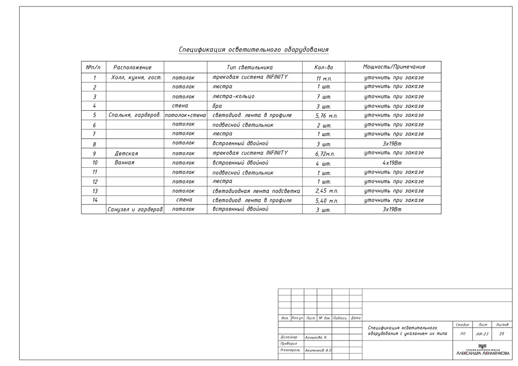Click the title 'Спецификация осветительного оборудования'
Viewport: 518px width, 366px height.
[253, 50]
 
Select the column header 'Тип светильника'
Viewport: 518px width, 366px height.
[250, 67]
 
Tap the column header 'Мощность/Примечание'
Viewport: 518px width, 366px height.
[394, 67]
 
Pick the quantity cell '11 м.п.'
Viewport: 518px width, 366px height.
[324, 79]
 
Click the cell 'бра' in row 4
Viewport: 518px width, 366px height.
[217, 106]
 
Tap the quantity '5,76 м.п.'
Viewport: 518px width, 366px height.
[324, 116]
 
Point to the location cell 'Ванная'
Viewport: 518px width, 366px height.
[125, 163]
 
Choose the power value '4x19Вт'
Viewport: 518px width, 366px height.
[392, 163]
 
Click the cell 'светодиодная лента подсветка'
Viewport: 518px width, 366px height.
[256, 191]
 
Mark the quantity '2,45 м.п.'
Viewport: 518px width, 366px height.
[324, 191]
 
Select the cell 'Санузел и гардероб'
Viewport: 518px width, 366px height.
[135, 210]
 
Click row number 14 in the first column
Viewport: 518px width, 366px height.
[95, 200]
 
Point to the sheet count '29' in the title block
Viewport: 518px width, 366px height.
[502, 334]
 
